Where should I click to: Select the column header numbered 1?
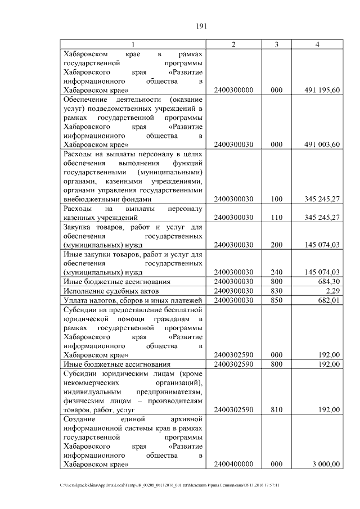pos(133,44)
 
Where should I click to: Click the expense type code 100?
pos(276,199)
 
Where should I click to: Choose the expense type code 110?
pos(276,217)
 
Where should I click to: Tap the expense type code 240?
pos(276,272)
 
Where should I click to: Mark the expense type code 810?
pos(276,410)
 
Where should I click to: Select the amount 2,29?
pos(333,291)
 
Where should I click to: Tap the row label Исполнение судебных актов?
pos(111,291)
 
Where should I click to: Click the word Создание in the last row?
pos(80,420)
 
